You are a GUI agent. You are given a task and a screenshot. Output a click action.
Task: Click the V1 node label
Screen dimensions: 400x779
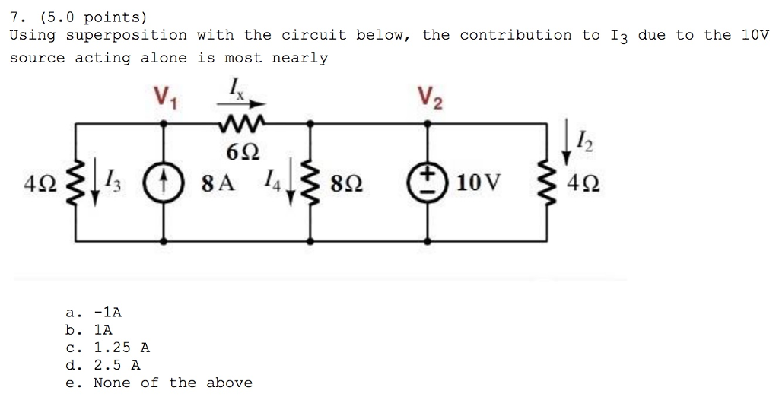tap(165, 97)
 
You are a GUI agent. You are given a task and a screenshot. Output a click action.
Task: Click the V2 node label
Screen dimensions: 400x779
tap(428, 97)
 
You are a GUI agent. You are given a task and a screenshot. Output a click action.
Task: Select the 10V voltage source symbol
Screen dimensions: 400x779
tap(428, 183)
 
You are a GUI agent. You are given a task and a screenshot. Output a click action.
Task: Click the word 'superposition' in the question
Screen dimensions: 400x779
tap(126, 35)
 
